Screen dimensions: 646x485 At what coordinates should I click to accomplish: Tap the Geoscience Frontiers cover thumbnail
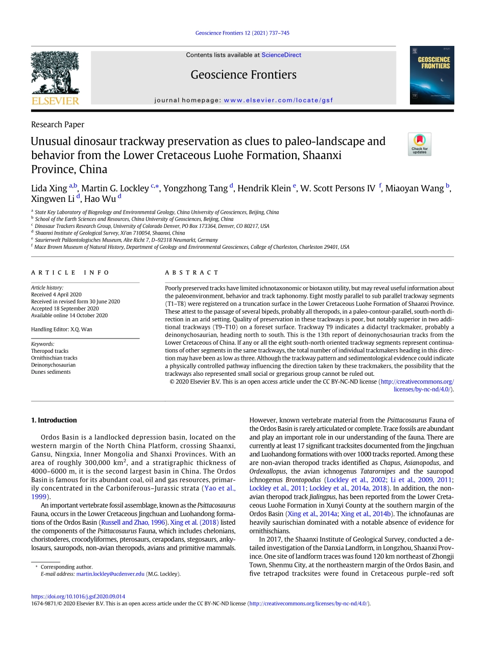click(x=431, y=75)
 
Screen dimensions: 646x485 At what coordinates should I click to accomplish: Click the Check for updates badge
click(x=419, y=144)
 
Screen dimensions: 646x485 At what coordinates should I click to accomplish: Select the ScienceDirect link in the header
click(x=281, y=55)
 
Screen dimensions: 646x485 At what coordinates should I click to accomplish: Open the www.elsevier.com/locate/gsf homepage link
click(x=278, y=100)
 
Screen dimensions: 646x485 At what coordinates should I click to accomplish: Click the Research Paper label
click(x=58, y=124)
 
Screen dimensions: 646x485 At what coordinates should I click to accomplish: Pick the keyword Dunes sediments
click(x=51, y=372)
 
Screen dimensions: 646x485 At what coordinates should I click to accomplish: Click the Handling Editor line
click(x=62, y=329)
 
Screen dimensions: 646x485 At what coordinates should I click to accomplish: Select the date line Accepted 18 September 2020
click(x=65, y=308)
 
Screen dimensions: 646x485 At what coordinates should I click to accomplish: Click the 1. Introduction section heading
click(x=54, y=421)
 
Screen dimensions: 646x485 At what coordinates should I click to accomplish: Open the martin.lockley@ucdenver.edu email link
click(x=110, y=574)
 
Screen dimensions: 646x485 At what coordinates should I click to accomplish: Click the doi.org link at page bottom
click(x=78, y=597)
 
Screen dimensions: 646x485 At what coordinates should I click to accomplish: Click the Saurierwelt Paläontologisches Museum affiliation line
click(x=126, y=240)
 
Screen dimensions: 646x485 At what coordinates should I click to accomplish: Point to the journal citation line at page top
click(x=243, y=33)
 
